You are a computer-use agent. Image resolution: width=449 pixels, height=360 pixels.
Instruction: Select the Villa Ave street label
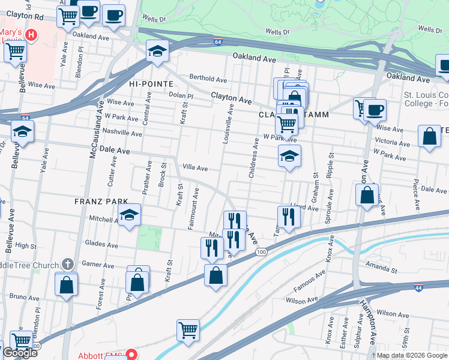point(194,169)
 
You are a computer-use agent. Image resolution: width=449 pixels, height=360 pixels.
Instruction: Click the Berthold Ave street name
point(208,79)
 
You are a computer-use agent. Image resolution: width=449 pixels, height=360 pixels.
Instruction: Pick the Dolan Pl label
point(181,96)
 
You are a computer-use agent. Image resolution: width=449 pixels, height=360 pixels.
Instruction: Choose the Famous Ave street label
point(309,281)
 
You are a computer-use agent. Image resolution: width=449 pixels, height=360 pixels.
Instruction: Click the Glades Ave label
point(101,244)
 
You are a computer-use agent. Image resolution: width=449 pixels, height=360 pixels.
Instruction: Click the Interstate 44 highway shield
point(418,288)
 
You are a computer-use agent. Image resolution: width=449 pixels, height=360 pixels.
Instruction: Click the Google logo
point(19,353)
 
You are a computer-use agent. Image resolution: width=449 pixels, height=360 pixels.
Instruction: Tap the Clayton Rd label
point(22,18)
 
